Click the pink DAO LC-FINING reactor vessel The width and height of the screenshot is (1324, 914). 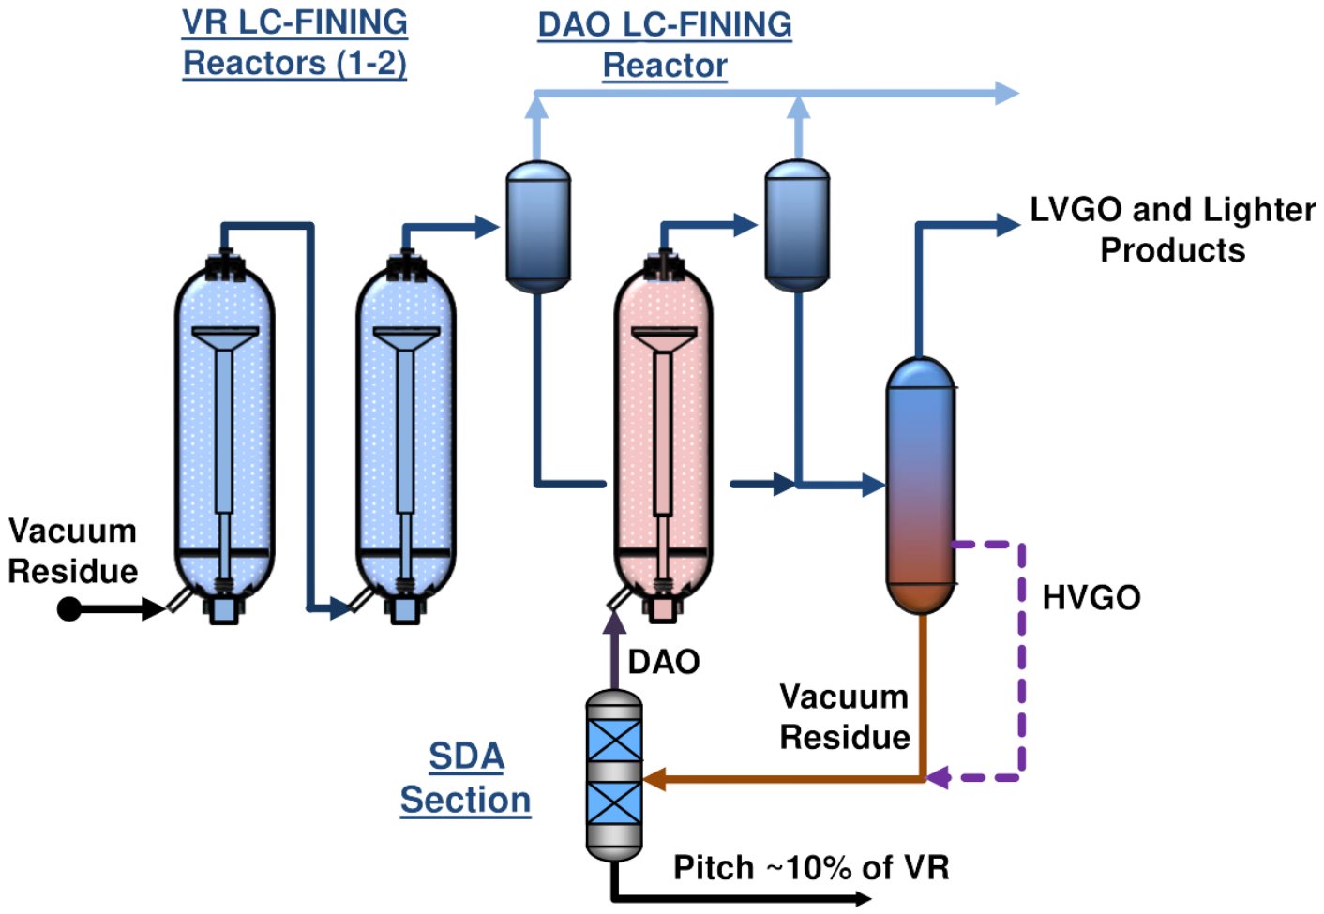point(663,441)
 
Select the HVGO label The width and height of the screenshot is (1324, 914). point(1091,597)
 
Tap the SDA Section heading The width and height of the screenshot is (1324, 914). point(466,778)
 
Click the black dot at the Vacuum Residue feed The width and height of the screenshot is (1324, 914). point(68,609)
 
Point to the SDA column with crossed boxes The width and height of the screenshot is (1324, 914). point(614,776)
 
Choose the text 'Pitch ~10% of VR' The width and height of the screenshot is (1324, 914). point(811,867)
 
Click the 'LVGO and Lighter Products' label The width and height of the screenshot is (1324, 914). point(1172,230)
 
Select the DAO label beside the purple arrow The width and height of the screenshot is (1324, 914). point(664,662)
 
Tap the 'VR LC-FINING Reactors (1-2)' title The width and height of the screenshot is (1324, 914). point(294,43)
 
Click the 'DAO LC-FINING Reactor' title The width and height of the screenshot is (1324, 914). point(665,45)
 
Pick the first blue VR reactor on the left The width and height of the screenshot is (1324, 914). point(224,441)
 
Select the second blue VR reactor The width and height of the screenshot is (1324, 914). point(405,441)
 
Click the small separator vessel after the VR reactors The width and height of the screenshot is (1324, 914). point(538,225)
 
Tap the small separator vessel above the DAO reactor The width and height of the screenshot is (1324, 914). point(797,225)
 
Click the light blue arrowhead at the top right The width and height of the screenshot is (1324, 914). point(1007,93)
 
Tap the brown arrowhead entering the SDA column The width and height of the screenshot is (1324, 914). point(654,778)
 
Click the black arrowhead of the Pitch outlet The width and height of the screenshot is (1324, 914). point(861,899)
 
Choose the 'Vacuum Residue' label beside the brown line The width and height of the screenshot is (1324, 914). point(844,717)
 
